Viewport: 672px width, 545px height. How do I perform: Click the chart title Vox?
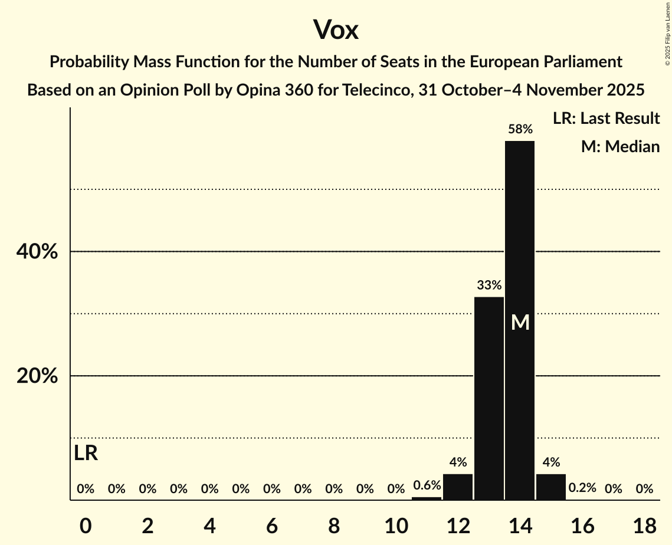336,29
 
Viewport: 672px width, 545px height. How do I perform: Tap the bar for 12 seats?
458,487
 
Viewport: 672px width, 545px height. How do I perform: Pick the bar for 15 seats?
551,487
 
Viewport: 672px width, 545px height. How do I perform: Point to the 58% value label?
520,129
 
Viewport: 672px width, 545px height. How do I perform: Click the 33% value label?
489,285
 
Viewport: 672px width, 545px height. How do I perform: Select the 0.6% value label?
427,485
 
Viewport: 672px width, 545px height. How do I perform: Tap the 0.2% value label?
582,488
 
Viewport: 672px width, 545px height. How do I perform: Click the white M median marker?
520,322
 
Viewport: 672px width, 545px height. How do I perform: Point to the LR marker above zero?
86,453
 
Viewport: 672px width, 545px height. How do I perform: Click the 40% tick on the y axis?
37,252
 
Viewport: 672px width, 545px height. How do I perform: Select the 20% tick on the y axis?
37,376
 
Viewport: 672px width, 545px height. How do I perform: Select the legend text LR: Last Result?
606,119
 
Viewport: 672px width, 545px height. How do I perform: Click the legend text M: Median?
620,146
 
